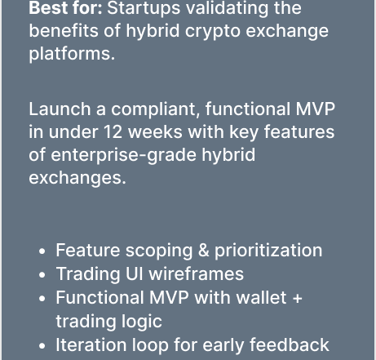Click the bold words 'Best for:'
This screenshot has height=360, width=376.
(x=65, y=7)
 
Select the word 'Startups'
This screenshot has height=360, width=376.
(x=144, y=9)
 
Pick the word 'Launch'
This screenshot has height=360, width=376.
(x=60, y=109)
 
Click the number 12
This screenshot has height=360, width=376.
(x=113, y=132)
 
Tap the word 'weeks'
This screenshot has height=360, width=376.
(x=155, y=131)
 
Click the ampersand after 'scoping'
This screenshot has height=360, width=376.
(x=204, y=250)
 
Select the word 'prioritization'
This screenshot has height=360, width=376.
(x=268, y=251)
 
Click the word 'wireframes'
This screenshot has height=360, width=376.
(x=197, y=273)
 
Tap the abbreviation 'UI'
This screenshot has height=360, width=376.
(x=135, y=273)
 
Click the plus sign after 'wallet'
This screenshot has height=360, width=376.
(x=298, y=298)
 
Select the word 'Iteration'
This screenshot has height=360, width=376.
(x=91, y=344)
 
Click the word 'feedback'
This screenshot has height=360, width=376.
(x=290, y=344)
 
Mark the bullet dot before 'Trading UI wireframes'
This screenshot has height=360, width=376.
(x=42, y=275)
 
